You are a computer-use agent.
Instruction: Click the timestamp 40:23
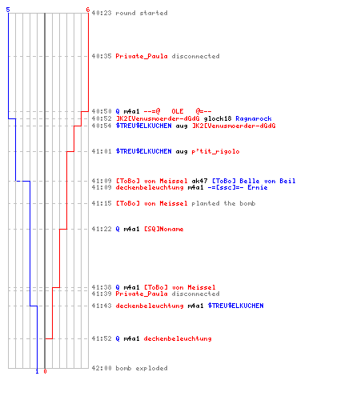102,13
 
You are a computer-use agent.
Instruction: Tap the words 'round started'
142,13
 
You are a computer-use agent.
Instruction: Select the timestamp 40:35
102,56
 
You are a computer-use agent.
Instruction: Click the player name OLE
178,111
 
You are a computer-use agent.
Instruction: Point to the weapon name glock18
218,118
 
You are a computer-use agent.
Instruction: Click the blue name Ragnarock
254,118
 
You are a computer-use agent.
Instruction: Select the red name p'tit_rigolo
215,151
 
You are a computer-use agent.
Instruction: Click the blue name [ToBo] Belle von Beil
254,181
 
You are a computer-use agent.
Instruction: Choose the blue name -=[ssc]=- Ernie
238,187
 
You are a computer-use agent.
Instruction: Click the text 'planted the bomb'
223,203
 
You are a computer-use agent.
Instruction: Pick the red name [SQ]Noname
163,229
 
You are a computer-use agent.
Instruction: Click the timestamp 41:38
102,287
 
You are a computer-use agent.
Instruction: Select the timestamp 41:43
102,306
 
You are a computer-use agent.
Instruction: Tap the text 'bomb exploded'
142,368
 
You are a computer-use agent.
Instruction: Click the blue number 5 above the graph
8,10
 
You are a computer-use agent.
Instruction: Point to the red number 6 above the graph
88,10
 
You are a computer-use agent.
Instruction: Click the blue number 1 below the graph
37,371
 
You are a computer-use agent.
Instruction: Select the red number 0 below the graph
45,371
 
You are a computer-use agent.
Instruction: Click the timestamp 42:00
102,368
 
